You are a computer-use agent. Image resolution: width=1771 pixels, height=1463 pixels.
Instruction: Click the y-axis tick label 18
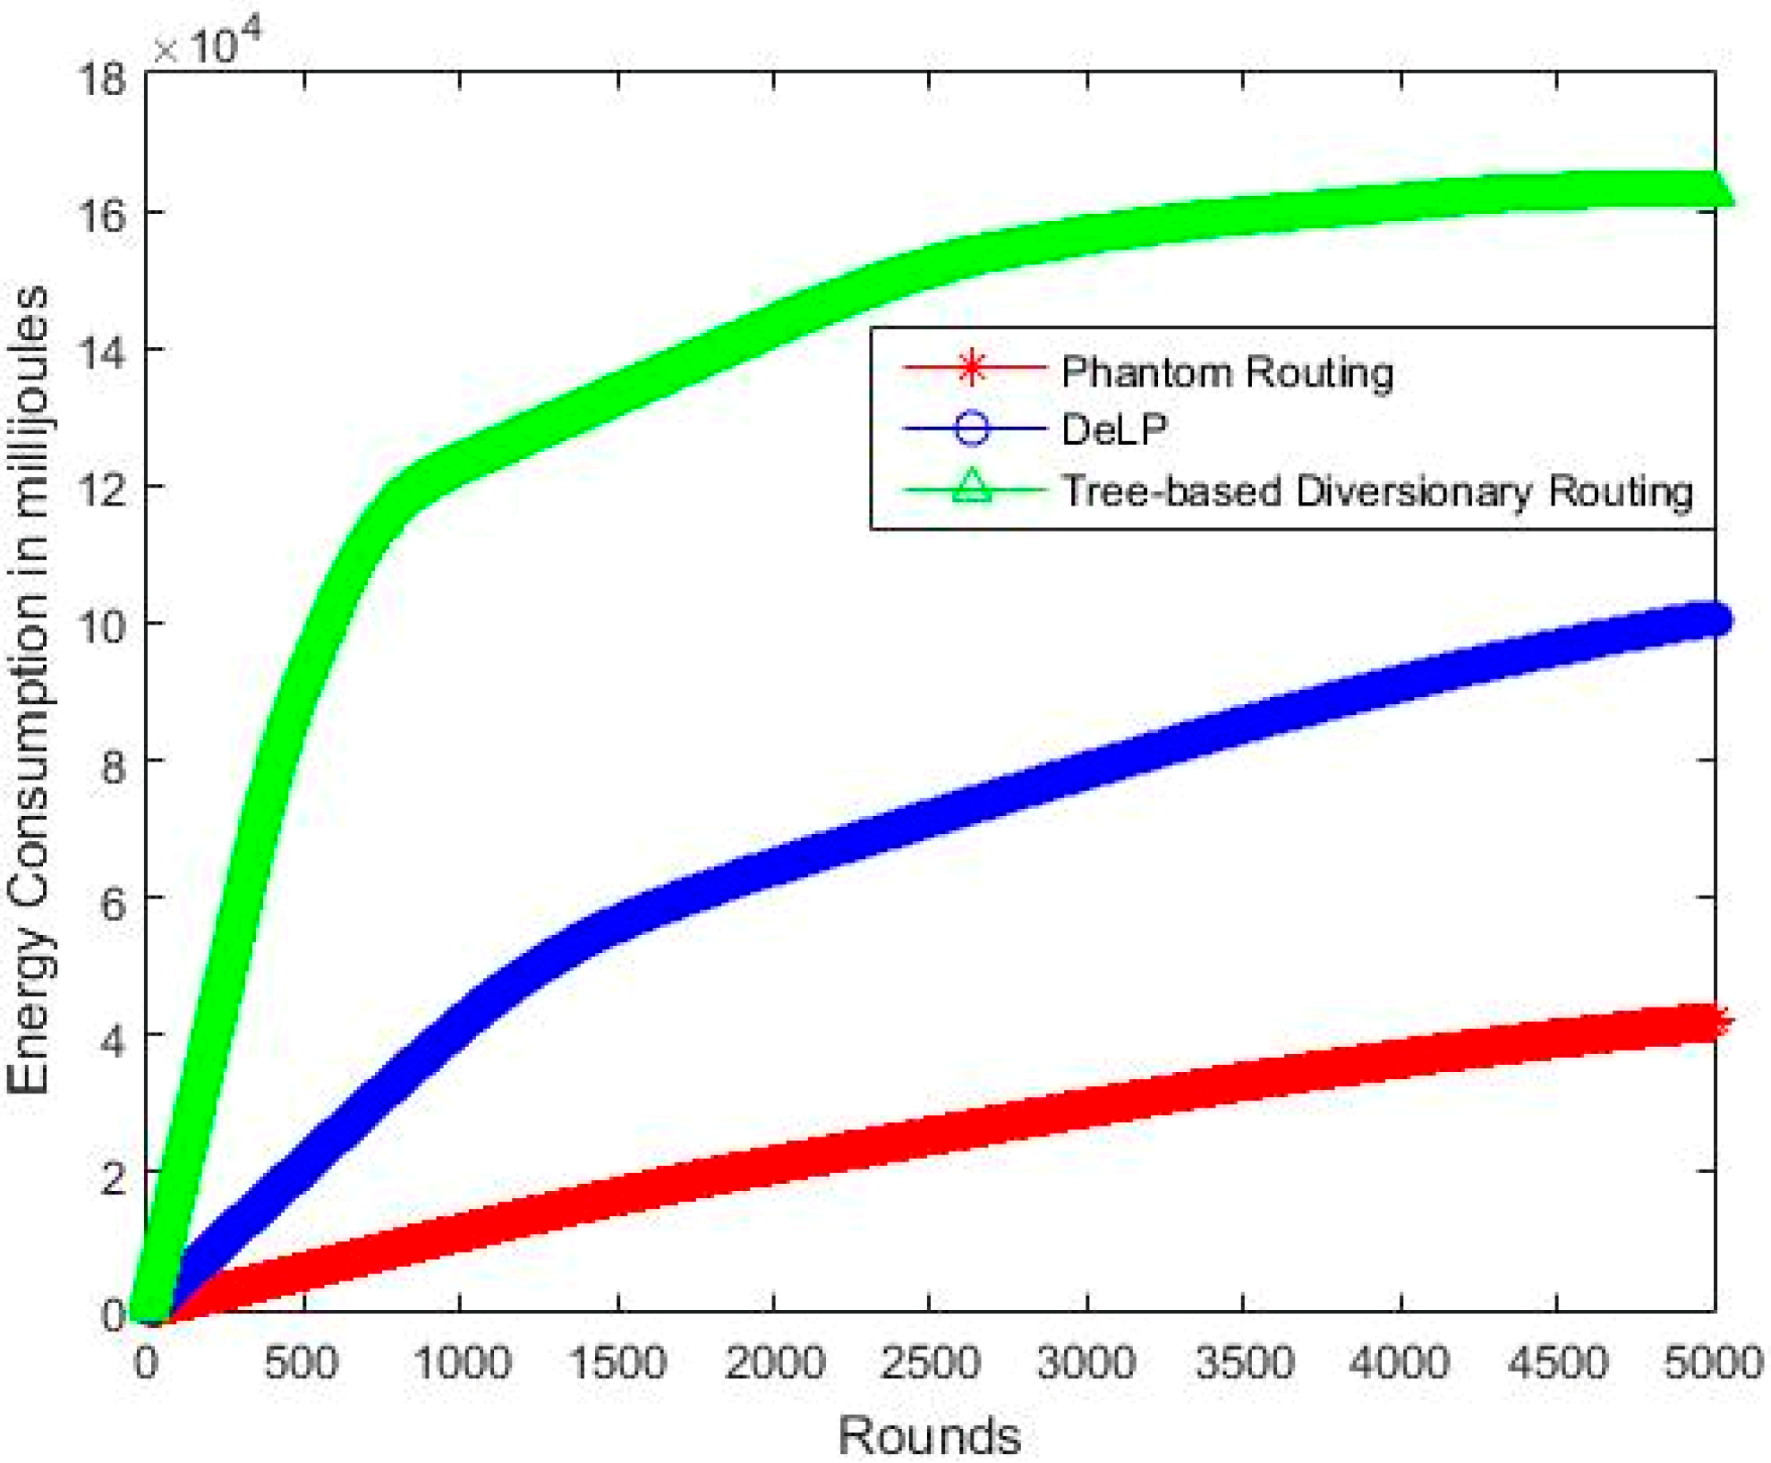pos(103,80)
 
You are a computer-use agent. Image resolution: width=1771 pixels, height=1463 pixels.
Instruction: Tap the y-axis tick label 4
pos(113,1039)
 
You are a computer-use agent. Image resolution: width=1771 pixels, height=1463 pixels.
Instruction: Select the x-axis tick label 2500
pos(930,1363)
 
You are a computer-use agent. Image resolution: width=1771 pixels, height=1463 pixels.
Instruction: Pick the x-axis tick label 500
pos(302,1363)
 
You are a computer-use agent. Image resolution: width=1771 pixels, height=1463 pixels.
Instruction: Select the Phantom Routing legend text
pos(1227,371)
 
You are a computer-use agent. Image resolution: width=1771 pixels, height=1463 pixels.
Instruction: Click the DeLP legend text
pos(1114,430)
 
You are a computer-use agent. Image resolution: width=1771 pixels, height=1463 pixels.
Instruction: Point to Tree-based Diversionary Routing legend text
pos(1376,490)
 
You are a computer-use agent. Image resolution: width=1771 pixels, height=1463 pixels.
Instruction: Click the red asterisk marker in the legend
pos(972,367)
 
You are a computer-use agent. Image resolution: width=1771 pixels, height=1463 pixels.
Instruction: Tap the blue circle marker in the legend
pos(972,428)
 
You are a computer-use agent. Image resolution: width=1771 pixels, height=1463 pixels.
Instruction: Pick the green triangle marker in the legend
pos(972,488)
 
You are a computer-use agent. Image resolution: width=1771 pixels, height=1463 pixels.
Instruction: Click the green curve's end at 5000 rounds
pos(1715,191)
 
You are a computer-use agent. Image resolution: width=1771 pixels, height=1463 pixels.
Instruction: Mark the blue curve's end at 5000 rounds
pos(1715,619)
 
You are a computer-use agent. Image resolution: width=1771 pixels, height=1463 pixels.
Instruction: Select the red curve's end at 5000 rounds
pos(1715,1022)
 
